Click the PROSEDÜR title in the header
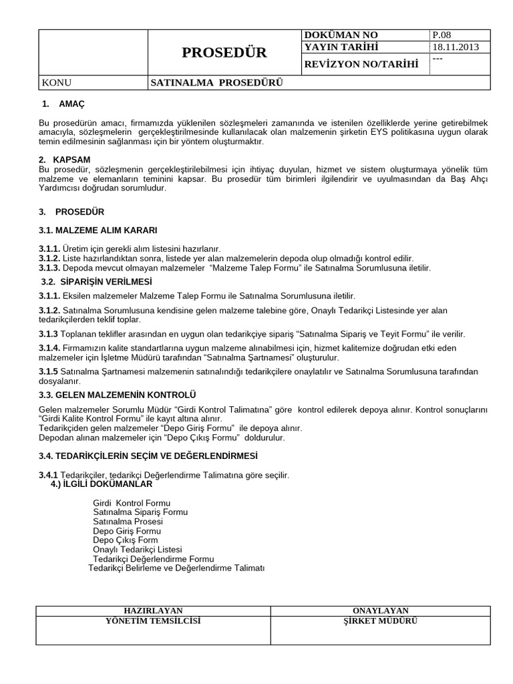click(x=224, y=53)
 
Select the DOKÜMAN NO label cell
click(x=340, y=35)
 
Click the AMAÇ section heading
click(x=71, y=105)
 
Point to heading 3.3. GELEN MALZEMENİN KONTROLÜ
click(x=117, y=395)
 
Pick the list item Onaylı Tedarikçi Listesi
click(x=137, y=549)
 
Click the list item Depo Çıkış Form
click(x=126, y=540)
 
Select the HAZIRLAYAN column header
click(x=153, y=611)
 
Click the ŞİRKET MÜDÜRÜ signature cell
click(x=380, y=621)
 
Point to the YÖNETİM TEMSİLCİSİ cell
click(x=153, y=621)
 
